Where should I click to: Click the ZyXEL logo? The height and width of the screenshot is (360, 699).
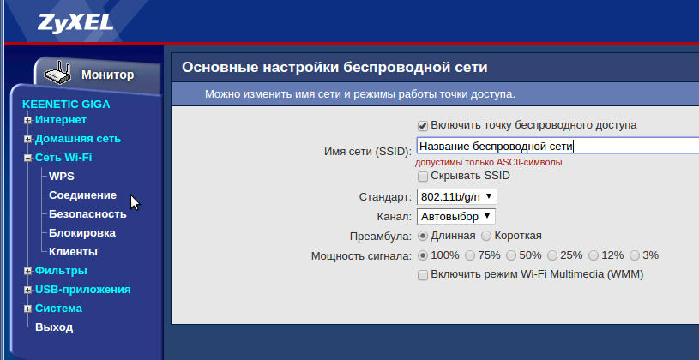[75, 23]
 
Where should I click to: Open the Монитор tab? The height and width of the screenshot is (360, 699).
[107, 75]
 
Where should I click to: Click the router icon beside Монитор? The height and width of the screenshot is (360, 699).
[57, 74]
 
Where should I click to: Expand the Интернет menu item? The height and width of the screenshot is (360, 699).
[28, 120]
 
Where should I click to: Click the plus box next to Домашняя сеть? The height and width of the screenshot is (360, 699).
[28, 140]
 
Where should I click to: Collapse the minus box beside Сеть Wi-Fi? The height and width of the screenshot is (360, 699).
[28, 159]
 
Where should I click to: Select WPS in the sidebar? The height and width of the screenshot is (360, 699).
[62, 177]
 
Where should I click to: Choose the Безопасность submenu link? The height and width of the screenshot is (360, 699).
[87, 214]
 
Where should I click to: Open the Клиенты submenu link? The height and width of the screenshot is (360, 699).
[73, 252]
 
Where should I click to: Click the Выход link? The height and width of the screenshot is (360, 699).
[54, 327]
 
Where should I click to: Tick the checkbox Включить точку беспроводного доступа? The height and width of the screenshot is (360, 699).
[423, 126]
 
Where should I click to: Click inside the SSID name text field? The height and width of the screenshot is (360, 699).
[557, 146]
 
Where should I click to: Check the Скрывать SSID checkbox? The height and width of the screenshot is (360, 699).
[423, 177]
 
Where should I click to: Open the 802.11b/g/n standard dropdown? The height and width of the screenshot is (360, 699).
[457, 196]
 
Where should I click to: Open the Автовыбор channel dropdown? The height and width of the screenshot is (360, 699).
[456, 217]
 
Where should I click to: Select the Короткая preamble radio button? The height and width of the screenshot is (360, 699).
[486, 236]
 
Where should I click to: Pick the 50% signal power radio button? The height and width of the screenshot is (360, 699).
[511, 255]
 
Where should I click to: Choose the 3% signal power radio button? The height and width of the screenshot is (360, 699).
[635, 255]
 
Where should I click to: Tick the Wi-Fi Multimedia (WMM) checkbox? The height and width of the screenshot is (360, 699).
[423, 275]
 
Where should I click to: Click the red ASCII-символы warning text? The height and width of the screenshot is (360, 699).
[489, 163]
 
